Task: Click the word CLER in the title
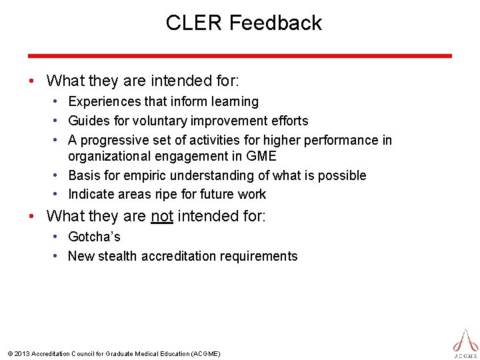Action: (194, 23)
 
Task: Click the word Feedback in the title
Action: (275, 23)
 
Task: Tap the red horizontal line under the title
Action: (239, 56)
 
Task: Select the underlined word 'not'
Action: (162, 215)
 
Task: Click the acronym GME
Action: (262, 156)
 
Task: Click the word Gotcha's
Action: (94, 237)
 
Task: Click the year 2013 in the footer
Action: (21, 353)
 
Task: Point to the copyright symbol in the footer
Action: (9, 353)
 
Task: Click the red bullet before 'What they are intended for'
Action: (32, 81)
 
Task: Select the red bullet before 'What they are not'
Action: (32, 216)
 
